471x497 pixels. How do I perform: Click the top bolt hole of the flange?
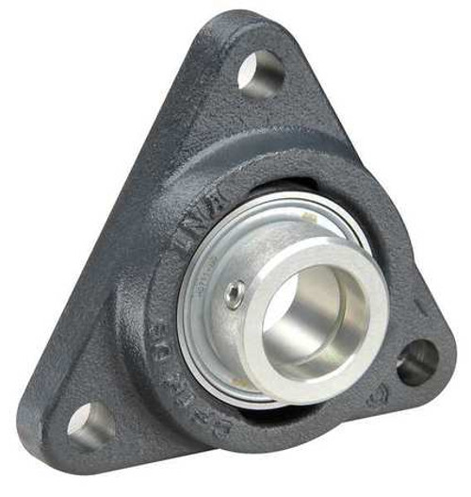261,72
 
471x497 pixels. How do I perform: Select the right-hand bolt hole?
415,361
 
